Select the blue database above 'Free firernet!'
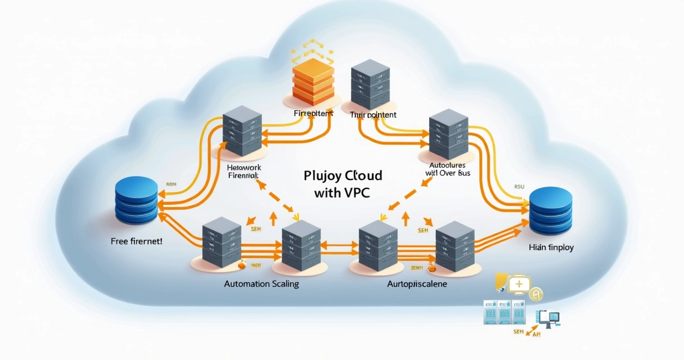[137, 200]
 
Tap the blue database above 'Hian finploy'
[551, 210]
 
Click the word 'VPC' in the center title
[352, 192]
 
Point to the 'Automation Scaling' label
[262, 284]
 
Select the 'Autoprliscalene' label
[417, 284]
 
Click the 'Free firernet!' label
[137, 240]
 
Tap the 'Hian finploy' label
[551, 247]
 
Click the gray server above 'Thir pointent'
[370, 84]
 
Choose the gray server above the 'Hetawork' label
[242, 130]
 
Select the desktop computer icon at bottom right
[549, 318]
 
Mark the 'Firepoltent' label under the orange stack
[313, 113]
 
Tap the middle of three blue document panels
[505, 313]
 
